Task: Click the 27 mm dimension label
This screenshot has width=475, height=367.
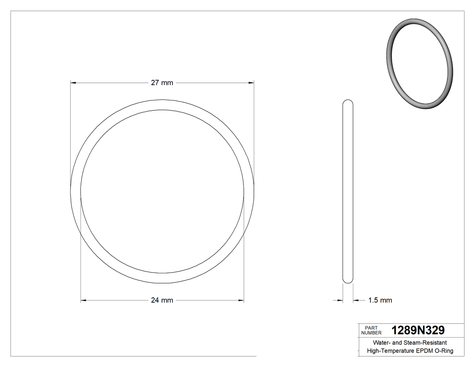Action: pyautogui.click(x=161, y=83)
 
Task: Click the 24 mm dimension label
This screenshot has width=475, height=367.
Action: pyautogui.click(x=161, y=300)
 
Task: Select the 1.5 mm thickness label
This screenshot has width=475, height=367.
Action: pyautogui.click(x=380, y=300)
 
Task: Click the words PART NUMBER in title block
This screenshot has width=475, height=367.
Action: pyautogui.click(x=371, y=330)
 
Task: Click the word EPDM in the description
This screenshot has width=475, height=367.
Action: pyautogui.click(x=424, y=351)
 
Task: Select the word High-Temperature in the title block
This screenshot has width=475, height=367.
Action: pyautogui.click(x=390, y=351)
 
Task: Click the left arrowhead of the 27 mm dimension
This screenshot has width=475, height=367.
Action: pyautogui.click(x=74, y=83)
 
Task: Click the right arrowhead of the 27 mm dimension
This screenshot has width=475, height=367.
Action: pyautogui.click(x=250, y=83)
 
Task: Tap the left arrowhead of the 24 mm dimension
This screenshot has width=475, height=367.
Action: pyautogui.click(x=84, y=300)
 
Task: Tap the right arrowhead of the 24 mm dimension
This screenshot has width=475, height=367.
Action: pyautogui.click(x=240, y=300)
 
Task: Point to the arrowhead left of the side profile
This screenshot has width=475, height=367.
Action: pyautogui.click(x=339, y=300)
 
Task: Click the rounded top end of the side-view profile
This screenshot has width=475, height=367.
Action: pyautogui.click(x=347, y=102)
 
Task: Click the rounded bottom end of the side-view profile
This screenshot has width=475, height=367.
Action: pyautogui.click(x=347, y=281)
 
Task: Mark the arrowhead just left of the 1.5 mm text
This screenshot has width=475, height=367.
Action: pyautogui.click(x=356, y=300)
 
